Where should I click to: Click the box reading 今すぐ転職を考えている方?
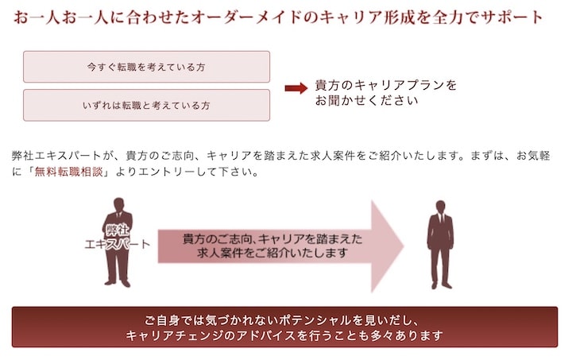(146, 67)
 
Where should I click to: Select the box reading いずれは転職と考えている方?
(146, 105)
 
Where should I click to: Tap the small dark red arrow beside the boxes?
(296, 87)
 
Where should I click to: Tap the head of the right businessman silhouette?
(440, 207)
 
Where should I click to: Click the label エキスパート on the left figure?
(118, 245)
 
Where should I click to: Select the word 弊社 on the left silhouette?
(118, 230)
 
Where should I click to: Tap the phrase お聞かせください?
(366, 102)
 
